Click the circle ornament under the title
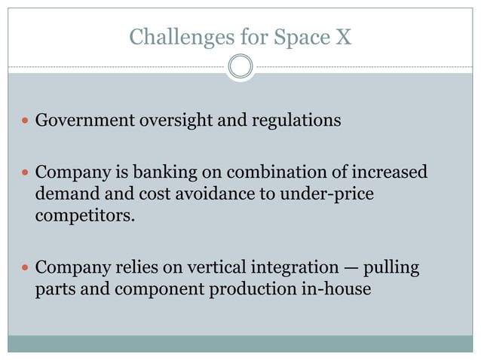click(240, 67)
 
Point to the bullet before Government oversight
click(26, 121)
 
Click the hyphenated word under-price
click(329, 195)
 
